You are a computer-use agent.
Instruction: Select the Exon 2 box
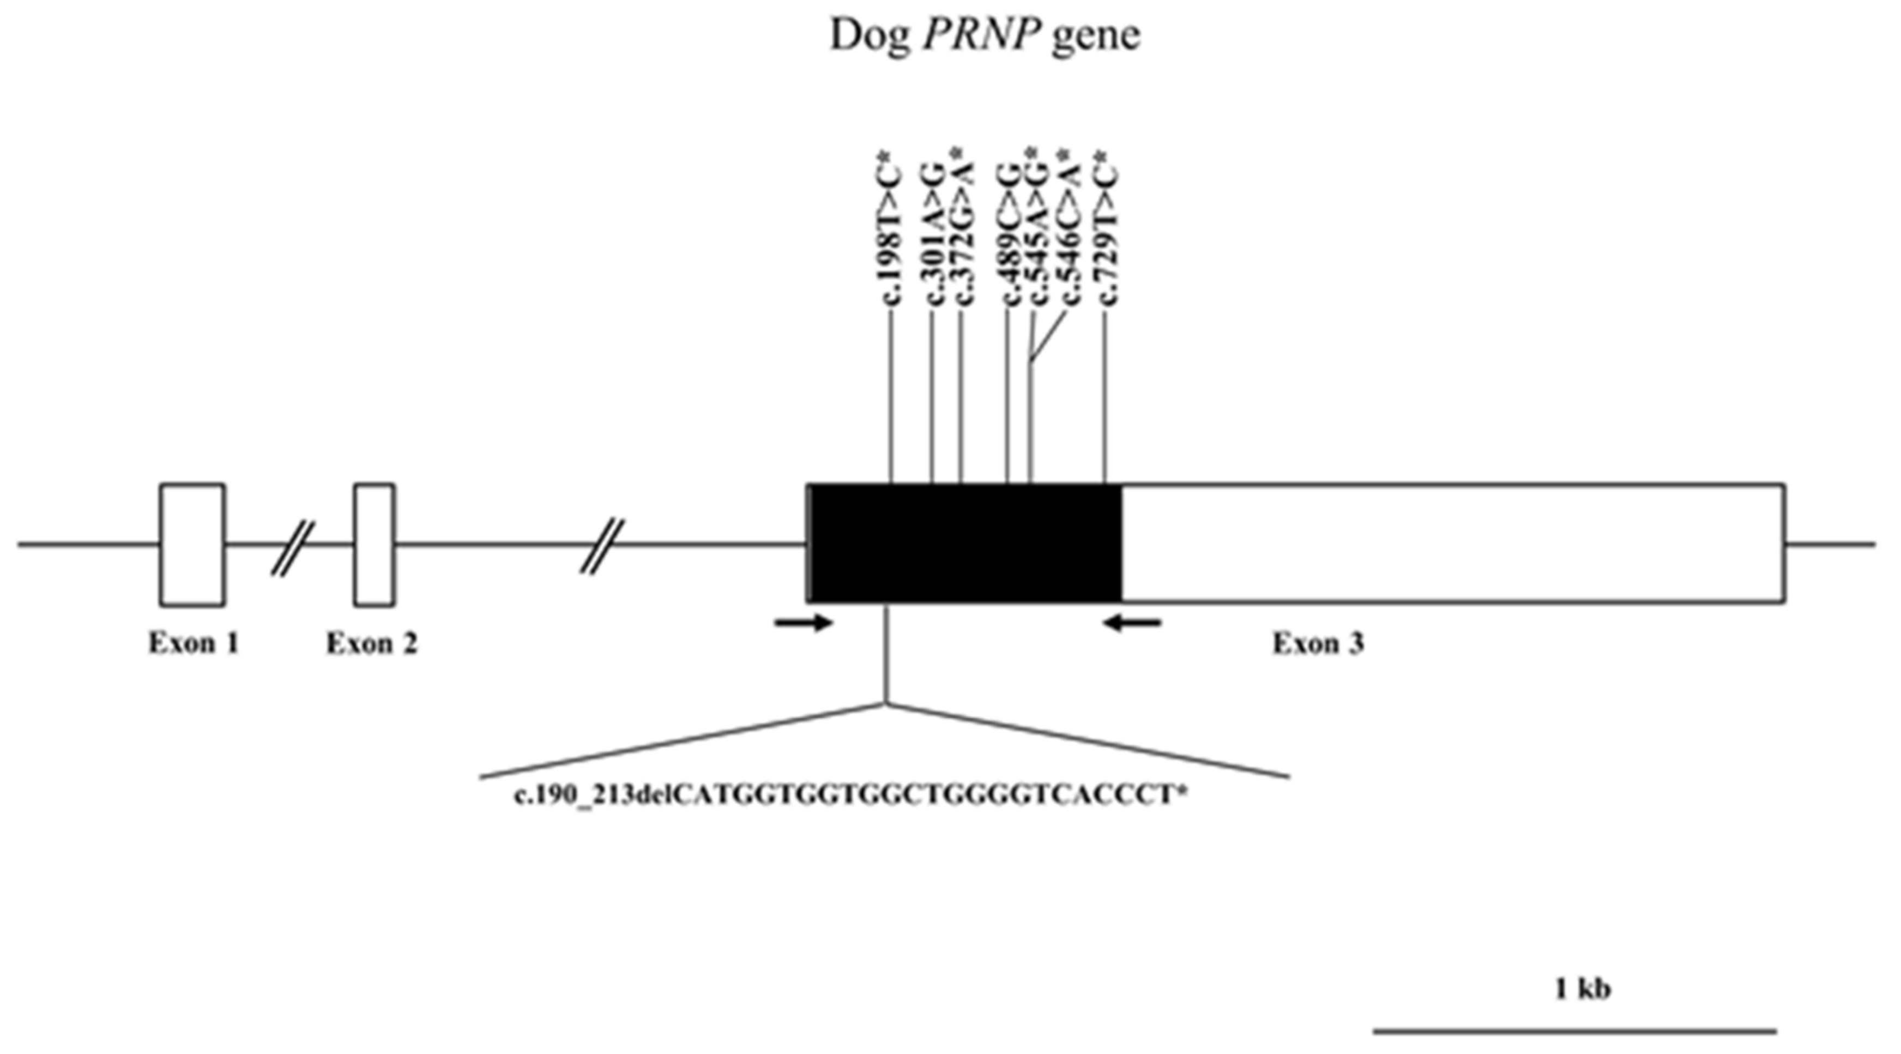(x=374, y=545)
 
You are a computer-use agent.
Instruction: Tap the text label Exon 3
(x=1318, y=643)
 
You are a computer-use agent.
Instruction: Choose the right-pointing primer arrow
(x=804, y=624)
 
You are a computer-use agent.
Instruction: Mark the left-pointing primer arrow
(x=1133, y=624)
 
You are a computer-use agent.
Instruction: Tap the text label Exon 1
(x=194, y=643)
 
